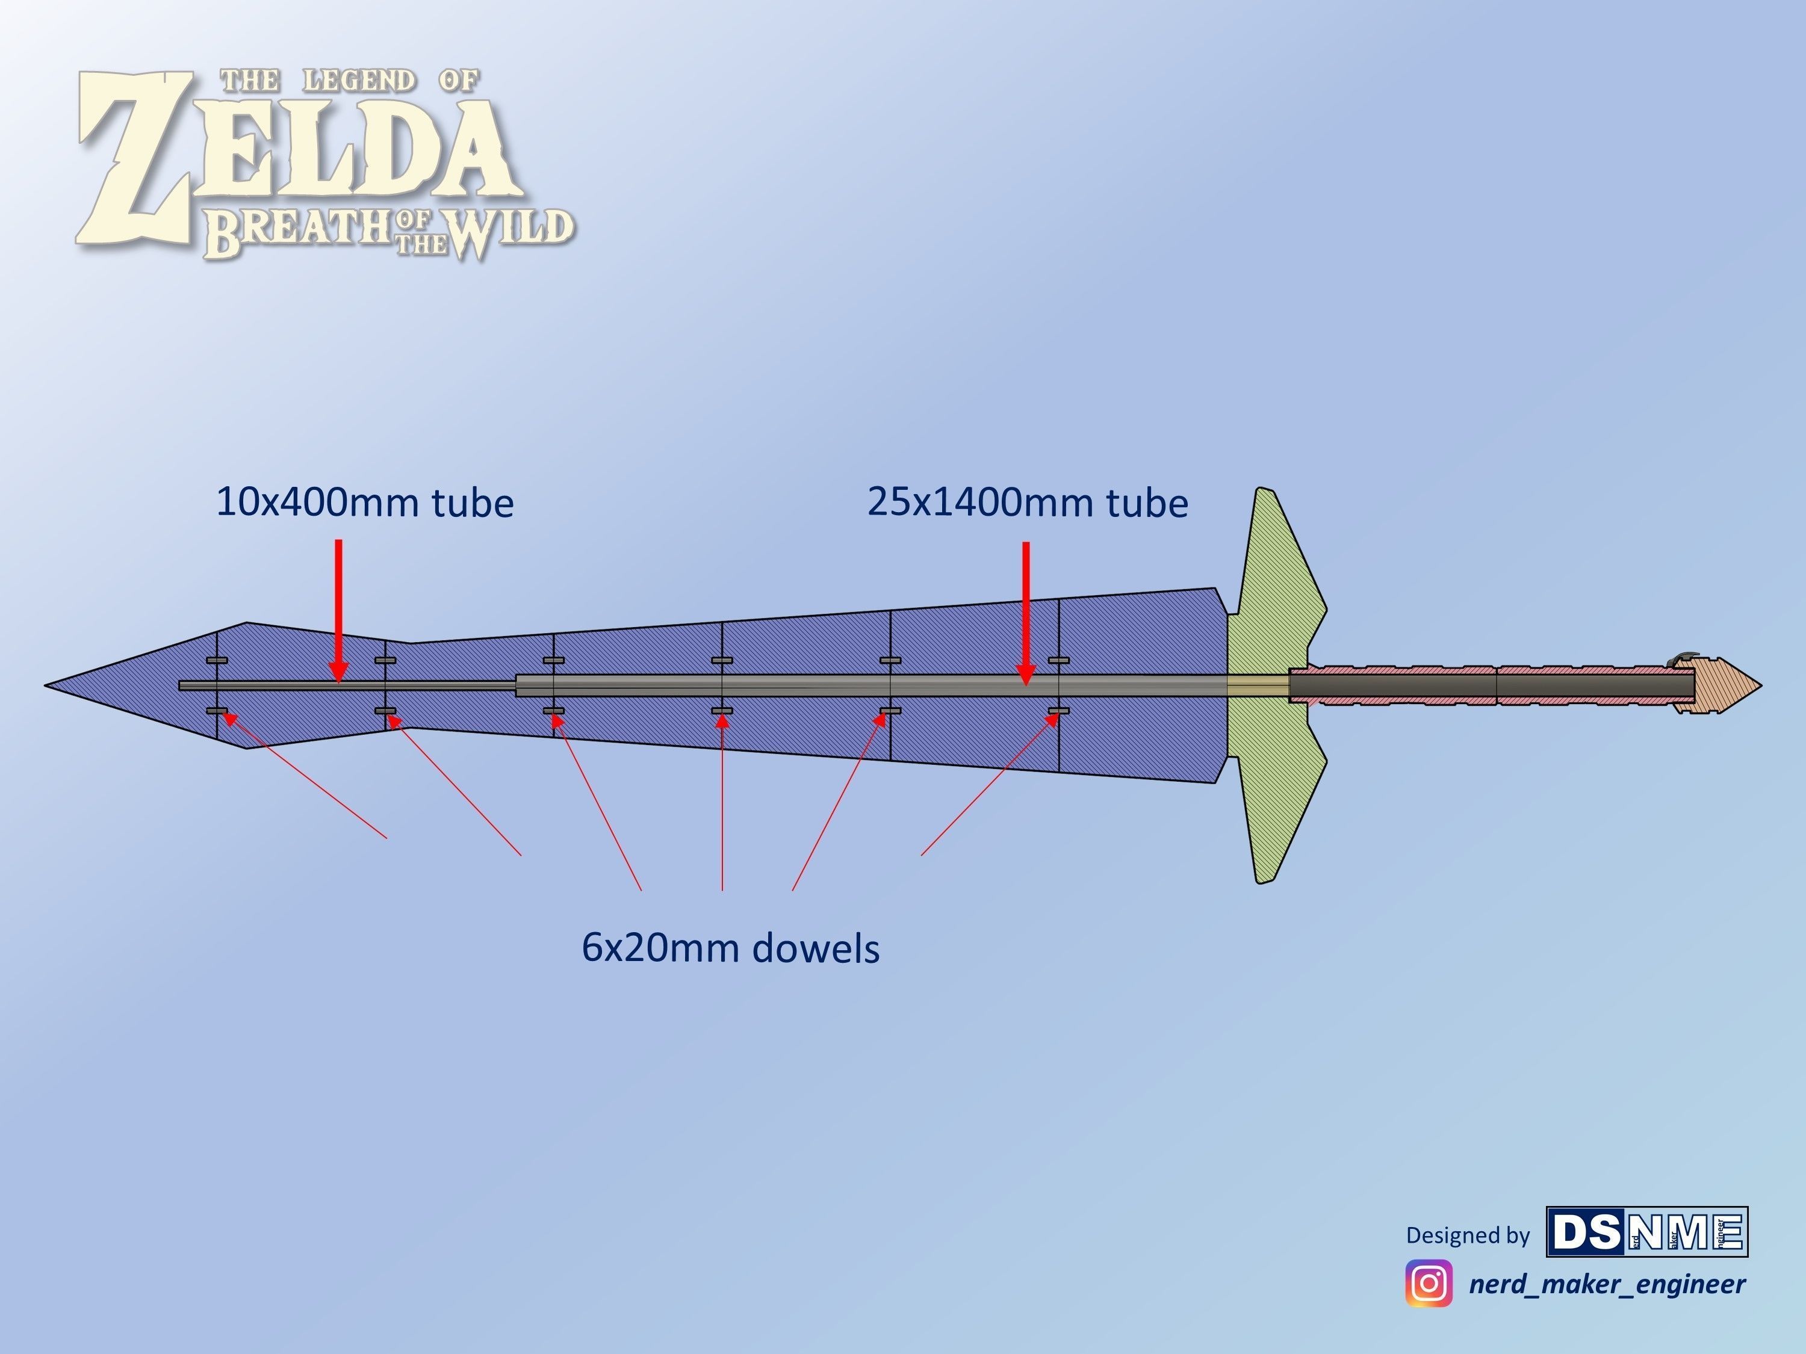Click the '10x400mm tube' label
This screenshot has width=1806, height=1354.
click(x=364, y=502)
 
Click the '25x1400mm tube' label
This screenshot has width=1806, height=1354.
click(x=1027, y=502)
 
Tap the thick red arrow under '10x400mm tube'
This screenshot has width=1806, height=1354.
click(x=339, y=608)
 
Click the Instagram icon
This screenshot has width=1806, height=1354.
click(x=1428, y=1283)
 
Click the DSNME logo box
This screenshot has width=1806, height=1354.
click(x=1647, y=1232)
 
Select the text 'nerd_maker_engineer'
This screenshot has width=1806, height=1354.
click(x=1607, y=1284)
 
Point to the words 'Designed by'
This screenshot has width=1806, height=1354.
click(x=1467, y=1235)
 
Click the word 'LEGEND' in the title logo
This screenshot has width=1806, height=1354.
click(x=359, y=81)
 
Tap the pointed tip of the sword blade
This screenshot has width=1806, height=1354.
click(x=49, y=685)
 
